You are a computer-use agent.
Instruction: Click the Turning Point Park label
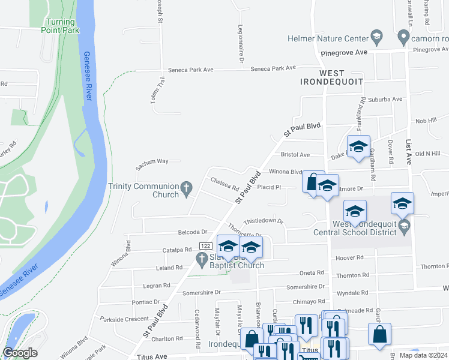coord(61,26)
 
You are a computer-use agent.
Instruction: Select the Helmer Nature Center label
coord(327,38)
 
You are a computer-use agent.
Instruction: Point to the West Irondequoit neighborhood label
coord(332,77)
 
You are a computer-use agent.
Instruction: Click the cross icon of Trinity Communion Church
coord(187,189)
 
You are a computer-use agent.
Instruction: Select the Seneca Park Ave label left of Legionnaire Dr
coord(191,70)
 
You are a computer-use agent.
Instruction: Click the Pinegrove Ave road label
coord(343,53)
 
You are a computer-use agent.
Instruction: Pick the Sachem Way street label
coord(152,161)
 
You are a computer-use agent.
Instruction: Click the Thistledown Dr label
coord(263,221)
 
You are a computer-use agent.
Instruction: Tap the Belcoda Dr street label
coord(192,232)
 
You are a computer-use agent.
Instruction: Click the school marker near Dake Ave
coord(358,146)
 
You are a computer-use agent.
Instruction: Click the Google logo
coord(20,352)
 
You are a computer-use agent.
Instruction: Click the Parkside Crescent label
coord(124,319)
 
